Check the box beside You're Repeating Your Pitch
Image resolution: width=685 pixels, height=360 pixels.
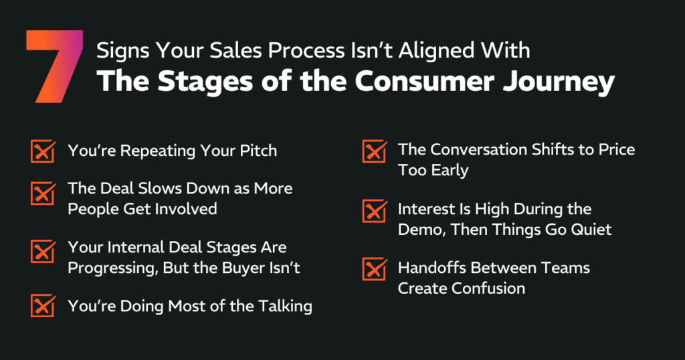click(x=43, y=151)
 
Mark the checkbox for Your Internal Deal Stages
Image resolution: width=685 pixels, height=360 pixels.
click(x=43, y=252)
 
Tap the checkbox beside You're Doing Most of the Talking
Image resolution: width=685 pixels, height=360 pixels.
click(x=43, y=306)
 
